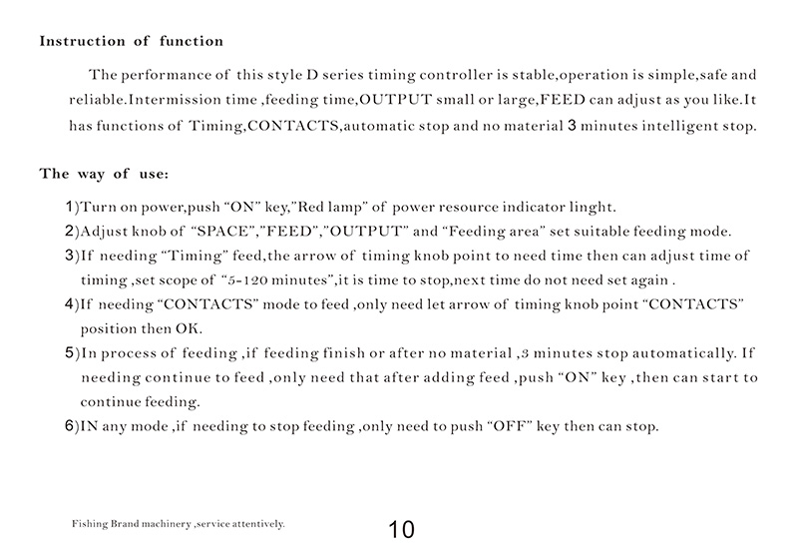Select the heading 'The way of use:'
tap(104, 174)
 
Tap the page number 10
tap(402, 529)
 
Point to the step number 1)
tap(70, 208)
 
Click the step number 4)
tap(70, 302)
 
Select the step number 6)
tap(70, 426)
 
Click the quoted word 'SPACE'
tap(225, 232)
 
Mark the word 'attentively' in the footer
tap(258, 522)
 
